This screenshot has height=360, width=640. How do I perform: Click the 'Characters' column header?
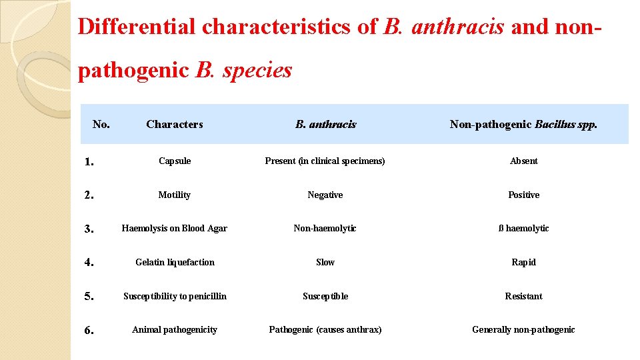(x=174, y=124)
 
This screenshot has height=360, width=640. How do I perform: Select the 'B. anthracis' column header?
(x=325, y=124)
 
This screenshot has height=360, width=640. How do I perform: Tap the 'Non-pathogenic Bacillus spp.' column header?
(x=523, y=124)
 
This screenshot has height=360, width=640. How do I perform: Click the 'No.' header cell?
(x=101, y=123)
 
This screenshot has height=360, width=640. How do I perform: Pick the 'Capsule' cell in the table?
(x=175, y=161)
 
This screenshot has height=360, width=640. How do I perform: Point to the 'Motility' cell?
(x=175, y=195)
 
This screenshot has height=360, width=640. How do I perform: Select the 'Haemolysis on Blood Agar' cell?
(x=175, y=228)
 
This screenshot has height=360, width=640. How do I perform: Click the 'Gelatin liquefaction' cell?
(x=175, y=262)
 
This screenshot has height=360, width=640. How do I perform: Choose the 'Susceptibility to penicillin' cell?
(x=175, y=296)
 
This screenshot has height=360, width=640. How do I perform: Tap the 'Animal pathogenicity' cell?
(x=175, y=329)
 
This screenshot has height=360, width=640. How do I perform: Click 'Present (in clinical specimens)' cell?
(x=325, y=161)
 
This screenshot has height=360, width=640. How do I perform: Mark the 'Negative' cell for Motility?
(x=325, y=195)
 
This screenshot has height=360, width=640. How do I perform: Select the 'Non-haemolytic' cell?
(x=325, y=228)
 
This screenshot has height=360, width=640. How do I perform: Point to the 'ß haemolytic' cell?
(x=523, y=228)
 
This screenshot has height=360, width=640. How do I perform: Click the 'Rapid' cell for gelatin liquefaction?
(x=523, y=262)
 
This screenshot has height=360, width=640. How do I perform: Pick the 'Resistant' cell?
(x=523, y=296)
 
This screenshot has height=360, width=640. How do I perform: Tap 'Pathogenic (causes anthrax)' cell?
(x=325, y=329)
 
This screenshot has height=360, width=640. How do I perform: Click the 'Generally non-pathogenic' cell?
(x=523, y=329)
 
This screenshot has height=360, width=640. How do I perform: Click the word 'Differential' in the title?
(x=137, y=27)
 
